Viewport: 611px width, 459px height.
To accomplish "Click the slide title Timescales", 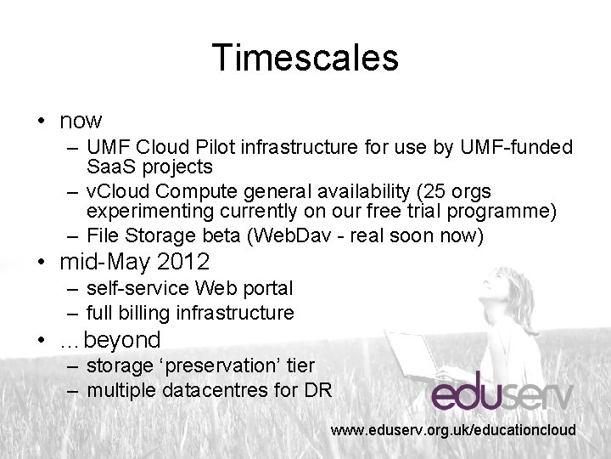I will tap(305, 58).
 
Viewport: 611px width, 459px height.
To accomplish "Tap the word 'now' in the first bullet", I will tap(81, 121).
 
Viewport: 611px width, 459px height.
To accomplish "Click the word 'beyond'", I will tap(122, 340).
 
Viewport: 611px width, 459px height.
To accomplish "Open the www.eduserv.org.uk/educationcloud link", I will tap(453, 431).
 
